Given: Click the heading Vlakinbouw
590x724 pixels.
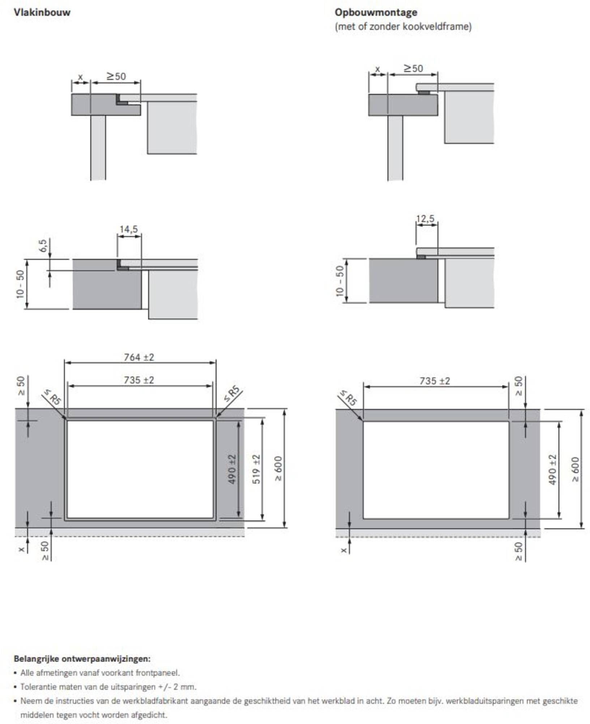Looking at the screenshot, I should click(x=42, y=13).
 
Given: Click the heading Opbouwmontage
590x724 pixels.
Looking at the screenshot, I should click(x=376, y=13).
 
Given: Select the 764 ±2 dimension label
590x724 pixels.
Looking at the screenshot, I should click(x=139, y=357).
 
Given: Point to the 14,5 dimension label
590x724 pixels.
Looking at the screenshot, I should click(x=129, y=230).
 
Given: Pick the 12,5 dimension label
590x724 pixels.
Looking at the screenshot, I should click(x=425, y=219).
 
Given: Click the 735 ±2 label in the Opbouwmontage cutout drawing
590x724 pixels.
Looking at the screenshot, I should click(x=435, y=381).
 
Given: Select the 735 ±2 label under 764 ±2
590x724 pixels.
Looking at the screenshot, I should click(x=139, y=380).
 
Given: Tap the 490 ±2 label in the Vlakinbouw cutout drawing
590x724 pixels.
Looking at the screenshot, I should click(x=232, y=469).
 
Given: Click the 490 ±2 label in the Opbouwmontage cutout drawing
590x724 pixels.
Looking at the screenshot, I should click(x=552, y=470).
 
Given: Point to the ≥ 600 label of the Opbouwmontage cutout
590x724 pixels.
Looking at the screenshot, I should click(x=576, y=470).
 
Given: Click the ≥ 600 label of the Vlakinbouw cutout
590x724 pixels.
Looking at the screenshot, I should click(x=278, y=469).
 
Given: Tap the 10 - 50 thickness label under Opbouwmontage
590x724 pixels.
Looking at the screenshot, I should click(x=340, y=281).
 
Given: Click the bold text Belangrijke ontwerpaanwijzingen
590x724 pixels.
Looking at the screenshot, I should click(x=82, y=658).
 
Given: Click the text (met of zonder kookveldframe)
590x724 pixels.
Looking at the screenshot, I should click(x=403, y=27).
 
